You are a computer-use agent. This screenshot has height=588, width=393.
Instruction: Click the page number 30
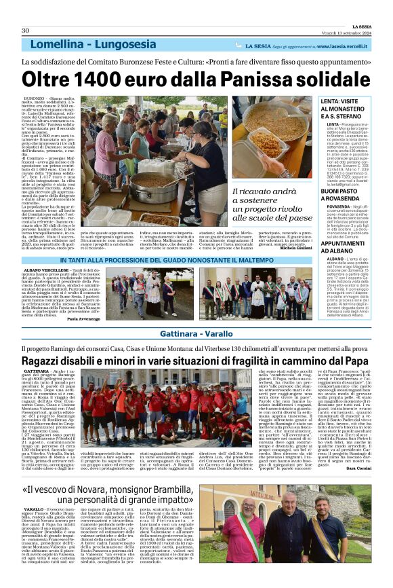[x=26, y=31]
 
